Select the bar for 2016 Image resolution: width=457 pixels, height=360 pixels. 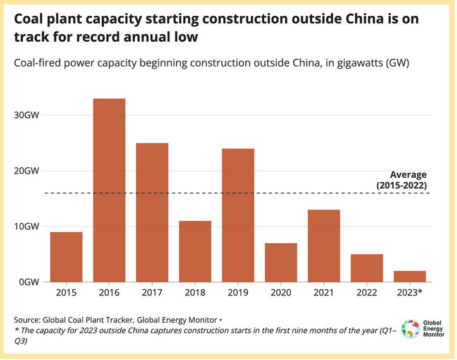(109, 190)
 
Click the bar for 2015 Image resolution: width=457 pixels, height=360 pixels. (66, 257)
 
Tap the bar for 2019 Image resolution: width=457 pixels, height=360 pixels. (238, 215)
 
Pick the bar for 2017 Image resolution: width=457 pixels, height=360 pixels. (152, 212)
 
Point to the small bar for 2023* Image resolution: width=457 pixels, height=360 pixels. (410, 276)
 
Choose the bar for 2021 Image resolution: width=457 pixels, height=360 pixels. (324, 245)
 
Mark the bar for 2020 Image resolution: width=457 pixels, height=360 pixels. (281, 263)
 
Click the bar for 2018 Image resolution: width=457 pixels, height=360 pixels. (195, 251)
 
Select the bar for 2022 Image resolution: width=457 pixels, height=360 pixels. (367, 268)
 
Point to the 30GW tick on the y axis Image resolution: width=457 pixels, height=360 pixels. (27, 115)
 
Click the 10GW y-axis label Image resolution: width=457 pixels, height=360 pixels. (27, 227)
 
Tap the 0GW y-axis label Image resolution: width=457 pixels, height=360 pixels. (30, 282)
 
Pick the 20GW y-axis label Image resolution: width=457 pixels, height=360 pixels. (27, 171)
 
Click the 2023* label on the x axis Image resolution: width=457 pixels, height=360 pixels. (410, 293)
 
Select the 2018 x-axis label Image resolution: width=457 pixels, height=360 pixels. (195, 293)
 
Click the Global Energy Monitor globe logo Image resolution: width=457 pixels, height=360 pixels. (411, 330)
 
